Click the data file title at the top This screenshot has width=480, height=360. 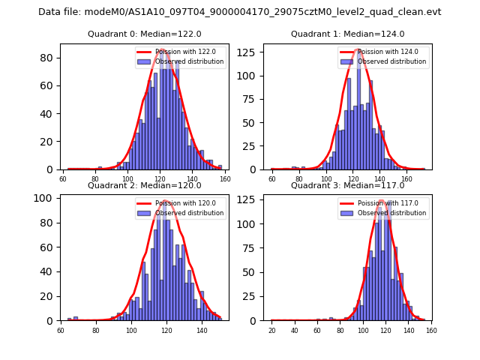pos(240,12)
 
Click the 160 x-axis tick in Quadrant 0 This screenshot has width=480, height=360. pos(225,179)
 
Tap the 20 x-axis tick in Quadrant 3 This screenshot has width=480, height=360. pos(271,331)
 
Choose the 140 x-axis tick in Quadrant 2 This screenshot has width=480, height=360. pos(202,331)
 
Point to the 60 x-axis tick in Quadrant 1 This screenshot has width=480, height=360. pos(272,179)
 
